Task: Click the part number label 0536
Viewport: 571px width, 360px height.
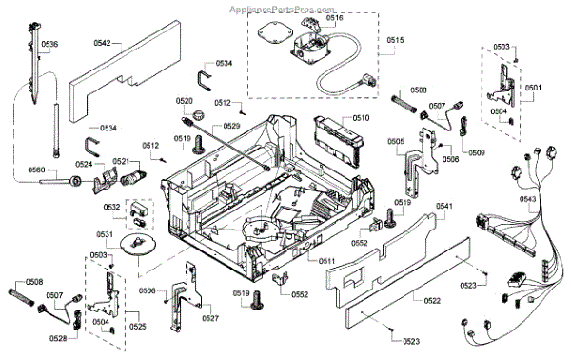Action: pyautogui.click(x=49, y=45)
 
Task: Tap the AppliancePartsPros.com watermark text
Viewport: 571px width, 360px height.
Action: pyautogui.click(x=285, y=7)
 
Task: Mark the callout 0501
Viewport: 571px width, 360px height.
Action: pyautogui.click(x=533, y=88)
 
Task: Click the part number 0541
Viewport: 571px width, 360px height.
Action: pyautogui.click(x=443, y=207)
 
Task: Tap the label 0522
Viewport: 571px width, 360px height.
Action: pyautogui.click(x=432, y=301)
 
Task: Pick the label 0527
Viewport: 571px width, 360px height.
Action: pyautogui.click(x=210, y=318)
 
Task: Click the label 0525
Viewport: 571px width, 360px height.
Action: pyautogui.click(x=137, y=327)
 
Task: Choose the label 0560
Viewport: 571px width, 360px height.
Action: pyautogui.click(x=36, y=170)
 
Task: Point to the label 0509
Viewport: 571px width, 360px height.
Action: pyautogui.click(x=476, y=152)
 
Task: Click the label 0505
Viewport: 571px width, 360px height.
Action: pyautogui.click(x=396, y=141)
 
